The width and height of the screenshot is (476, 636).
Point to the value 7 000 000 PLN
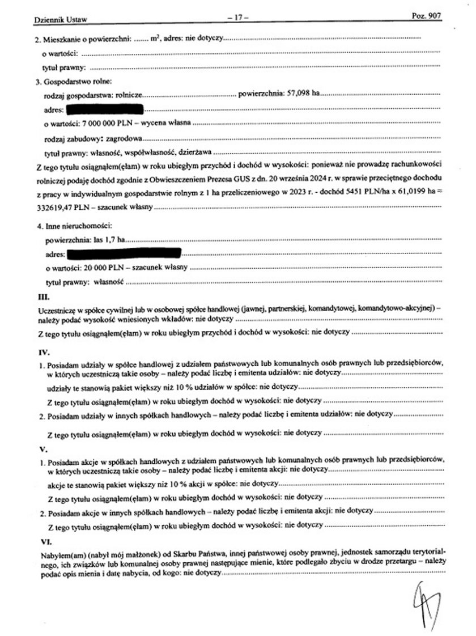point(108,123)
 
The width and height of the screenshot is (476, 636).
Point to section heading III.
point(42,296)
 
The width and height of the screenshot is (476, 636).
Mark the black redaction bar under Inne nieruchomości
point(124,253)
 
